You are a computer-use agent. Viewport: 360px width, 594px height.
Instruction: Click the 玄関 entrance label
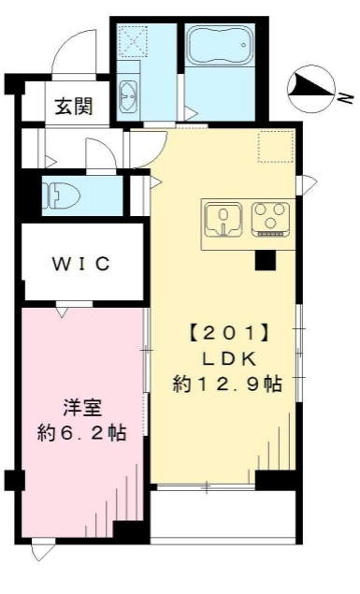[x=73, y=106]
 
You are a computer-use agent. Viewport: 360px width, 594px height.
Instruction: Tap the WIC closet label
[x=80, y=263]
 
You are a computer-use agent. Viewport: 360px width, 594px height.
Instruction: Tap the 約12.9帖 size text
[x=227, y=382]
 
